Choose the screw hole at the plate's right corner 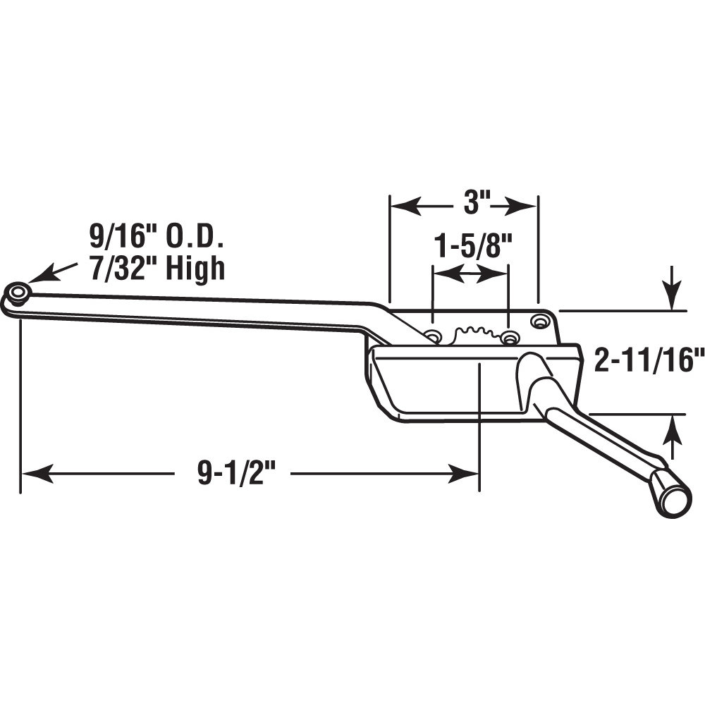(541, 321)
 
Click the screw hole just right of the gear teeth (508, 338)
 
